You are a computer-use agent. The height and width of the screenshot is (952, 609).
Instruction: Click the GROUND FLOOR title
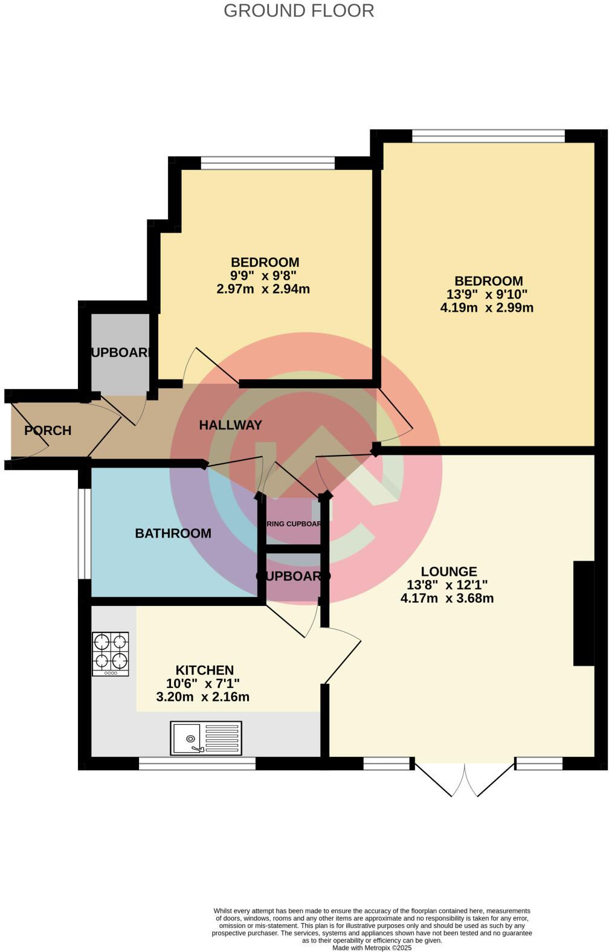(x=298, y=10)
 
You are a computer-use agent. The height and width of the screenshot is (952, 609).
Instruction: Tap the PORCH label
(x=48, y=431)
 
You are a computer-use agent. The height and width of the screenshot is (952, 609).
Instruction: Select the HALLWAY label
(x=231, y=425)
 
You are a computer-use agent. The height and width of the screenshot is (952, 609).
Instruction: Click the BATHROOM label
(x=173, y=533)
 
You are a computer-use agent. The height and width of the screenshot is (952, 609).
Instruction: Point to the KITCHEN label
(x=204, y=670)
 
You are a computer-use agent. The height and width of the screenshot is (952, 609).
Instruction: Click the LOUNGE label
(x=448, y=571)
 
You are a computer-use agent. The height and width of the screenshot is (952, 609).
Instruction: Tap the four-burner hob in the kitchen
(x=111, y=654)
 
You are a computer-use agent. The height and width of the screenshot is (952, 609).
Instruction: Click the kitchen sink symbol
(x=206, y=738)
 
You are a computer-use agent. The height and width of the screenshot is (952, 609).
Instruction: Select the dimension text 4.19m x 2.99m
(x=486, y=307)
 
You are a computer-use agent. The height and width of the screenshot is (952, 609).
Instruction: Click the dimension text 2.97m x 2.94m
(x=263, y=289)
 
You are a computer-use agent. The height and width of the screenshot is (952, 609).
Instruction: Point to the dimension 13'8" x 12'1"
(x=447, y=585)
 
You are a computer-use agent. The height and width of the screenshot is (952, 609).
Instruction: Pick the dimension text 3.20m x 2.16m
(x=203, y=696)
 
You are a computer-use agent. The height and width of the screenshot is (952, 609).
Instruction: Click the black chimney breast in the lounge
(x=584, y=613)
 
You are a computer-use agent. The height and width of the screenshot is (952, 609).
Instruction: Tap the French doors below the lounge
(x=464, y=779)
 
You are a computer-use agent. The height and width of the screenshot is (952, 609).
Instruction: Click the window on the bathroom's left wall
(x=85, y=533)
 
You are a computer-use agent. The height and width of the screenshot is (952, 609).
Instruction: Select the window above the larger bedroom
(x=488, y=136)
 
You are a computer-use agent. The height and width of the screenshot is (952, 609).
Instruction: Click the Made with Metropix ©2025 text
(x=372, y=948)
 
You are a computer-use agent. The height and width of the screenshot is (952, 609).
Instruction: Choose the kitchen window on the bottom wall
(x=197, y=764)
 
